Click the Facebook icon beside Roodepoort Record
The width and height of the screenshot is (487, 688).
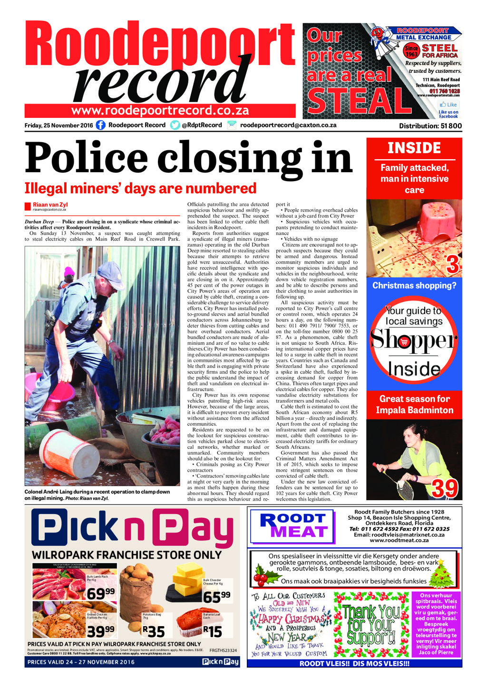pos(100,126)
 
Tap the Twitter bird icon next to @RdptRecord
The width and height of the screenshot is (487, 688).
pos(175,126)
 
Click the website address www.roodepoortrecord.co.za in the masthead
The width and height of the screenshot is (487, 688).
pos(160,111)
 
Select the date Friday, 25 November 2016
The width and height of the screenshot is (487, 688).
pos(58,126)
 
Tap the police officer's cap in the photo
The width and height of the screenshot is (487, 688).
pos(109,270)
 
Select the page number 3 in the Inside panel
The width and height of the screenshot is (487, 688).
pos(452,265)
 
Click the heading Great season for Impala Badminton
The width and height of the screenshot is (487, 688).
pos(414,405)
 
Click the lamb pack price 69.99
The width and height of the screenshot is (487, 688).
pos(100,594)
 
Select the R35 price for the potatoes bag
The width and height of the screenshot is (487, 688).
pos(153,631)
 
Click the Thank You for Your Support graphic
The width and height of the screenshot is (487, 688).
pos(372,624)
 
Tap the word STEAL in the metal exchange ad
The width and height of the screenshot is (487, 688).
pos(359,101)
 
